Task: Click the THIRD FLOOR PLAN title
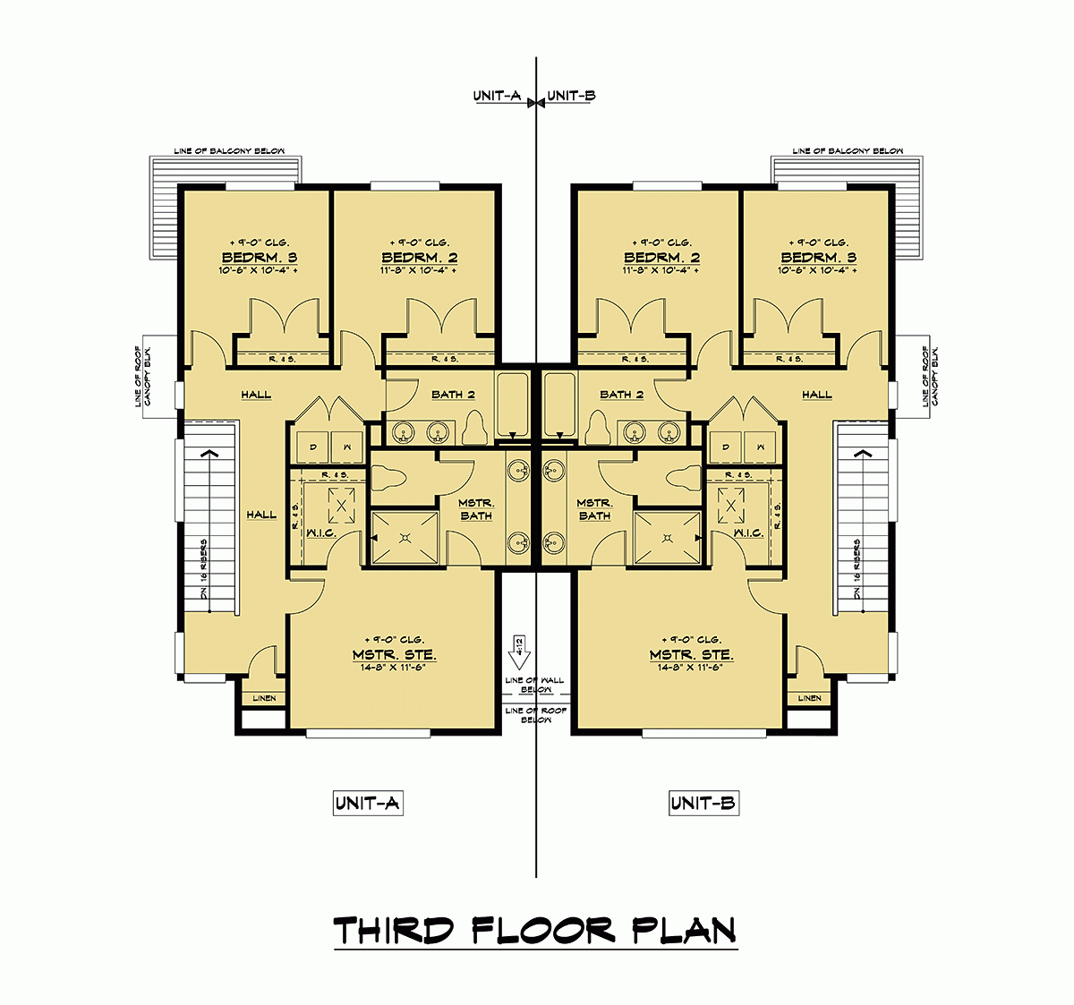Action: tap(535, 931)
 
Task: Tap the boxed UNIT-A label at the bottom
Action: tap(367, 804)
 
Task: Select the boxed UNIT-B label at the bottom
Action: tap(703, 804)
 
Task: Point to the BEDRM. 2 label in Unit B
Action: tap(662, 258)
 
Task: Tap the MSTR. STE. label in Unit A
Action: tap(395, 655)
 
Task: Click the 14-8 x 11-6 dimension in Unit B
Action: tap(691, 668)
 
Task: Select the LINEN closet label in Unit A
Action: tap(265, 698)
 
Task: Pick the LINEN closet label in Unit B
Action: tap(809, 698)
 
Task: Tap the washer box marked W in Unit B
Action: tap(762, 446)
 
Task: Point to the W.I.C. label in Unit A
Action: tap(320, 533)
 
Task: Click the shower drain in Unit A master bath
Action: tap(405, 538)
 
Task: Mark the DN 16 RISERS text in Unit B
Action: tap(857, 569)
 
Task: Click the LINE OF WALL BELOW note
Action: tap(535, 686)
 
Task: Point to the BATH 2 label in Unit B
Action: tap(622, 395)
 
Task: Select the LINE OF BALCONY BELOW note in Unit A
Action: tap(229, 151)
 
